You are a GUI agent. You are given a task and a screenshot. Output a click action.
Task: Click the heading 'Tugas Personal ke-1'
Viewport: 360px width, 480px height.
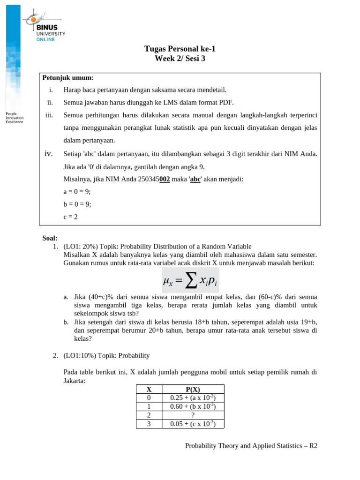[180, 49]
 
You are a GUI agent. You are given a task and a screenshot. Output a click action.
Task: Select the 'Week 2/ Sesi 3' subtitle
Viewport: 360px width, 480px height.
[180, 59]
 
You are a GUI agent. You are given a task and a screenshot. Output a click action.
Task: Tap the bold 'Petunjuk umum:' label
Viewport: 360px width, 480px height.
[68, 78]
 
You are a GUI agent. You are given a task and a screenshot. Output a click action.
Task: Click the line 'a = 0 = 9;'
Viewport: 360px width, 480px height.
[77, 192]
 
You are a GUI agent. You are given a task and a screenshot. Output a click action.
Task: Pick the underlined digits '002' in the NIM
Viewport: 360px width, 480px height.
[164, 179]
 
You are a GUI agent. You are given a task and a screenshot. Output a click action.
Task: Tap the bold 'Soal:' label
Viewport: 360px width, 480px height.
[50, 239]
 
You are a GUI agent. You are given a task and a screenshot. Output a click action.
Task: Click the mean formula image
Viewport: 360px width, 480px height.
[190, 280]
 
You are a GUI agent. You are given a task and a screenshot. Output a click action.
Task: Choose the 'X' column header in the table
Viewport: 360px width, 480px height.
[149, 389]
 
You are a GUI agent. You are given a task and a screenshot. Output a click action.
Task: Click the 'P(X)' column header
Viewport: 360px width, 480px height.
[193, 389]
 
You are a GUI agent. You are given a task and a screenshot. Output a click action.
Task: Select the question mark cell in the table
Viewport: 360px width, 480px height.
[193, 415]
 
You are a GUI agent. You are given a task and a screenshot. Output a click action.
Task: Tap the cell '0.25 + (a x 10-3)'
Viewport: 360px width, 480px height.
[193, 398]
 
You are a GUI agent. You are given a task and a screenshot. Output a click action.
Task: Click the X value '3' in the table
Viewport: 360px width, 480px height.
[149, 424]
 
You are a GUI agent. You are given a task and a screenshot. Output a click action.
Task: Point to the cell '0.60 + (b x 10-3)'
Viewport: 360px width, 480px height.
[193, 406]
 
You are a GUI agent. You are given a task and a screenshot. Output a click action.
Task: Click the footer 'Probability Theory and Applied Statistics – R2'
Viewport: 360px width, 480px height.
[251, 446]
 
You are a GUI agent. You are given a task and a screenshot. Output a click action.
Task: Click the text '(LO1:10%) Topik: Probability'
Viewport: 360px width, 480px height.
[106, 356]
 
